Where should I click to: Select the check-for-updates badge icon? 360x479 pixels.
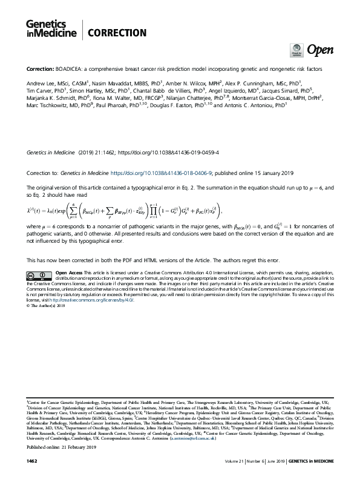click(x=297, y=49)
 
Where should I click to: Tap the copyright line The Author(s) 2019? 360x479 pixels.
click(x=47, y=305)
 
